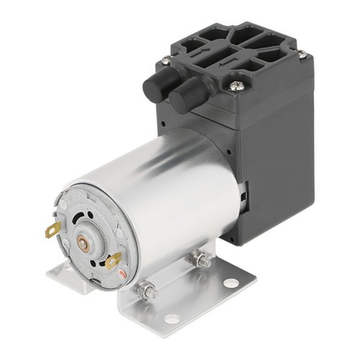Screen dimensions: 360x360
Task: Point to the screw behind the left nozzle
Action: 166,62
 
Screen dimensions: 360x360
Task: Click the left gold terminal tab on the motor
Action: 53,229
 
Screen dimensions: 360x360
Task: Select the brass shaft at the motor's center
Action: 85,240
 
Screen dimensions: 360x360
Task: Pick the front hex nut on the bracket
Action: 143,291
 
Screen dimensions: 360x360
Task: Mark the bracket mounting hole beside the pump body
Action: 230,283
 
